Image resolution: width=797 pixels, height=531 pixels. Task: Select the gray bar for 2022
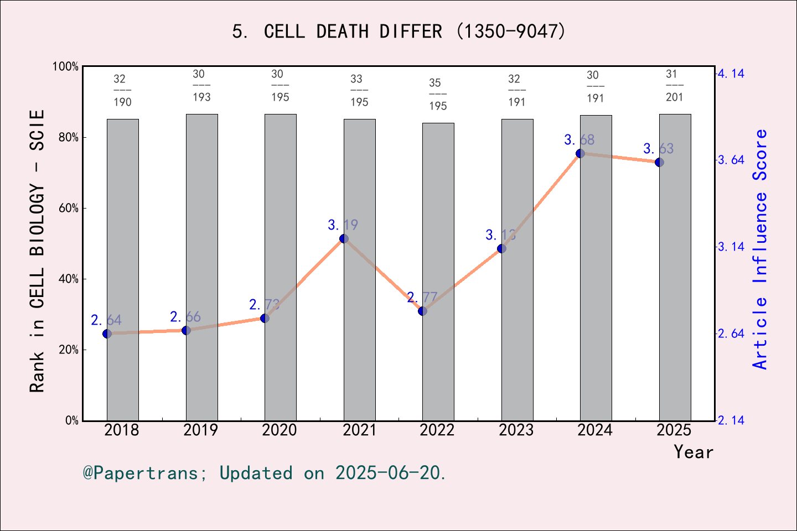(x=438, y=272)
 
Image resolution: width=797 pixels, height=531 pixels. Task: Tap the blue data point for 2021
(x=344, y=238)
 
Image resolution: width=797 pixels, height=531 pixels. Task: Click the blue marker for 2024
(x=580, y=153)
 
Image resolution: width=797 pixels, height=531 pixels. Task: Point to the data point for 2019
(x=186, y=330)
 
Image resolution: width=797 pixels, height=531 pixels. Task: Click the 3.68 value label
(x=579, y=140)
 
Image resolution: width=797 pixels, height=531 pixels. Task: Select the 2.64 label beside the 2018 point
(x=106, y=320)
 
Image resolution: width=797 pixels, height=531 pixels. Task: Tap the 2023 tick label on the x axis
(x=516, y=430)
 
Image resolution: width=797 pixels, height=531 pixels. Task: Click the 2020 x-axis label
(x=280, y=430)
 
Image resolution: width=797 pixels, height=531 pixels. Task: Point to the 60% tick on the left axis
(x=69, y=209)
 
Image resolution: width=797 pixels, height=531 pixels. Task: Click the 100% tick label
(x=65, y=67)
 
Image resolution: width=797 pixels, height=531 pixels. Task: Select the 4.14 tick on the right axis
(x=731, y=74)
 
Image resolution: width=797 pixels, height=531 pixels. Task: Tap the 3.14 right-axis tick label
(x=731, y=247)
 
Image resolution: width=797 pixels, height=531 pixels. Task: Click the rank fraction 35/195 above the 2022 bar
(x=437, y=94)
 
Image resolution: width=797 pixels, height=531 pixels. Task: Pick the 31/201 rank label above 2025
(x=674, y=86)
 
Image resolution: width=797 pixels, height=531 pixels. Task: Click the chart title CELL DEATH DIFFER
(x=398, y=32)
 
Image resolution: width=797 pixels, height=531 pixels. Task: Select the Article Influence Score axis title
(x=760, y=249)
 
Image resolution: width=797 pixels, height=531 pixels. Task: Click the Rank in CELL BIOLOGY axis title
(x=37, y=252)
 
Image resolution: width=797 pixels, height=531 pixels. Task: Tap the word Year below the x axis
(x=693, y=452)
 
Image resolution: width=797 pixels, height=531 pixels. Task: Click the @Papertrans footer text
(x=265, y=473)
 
